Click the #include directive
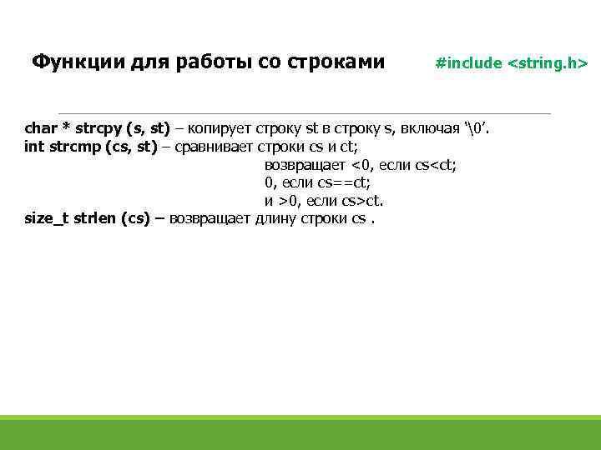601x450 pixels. pyautogui.click(x=469, y=63)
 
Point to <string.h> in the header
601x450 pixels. pyautogui.click(x=548, y=63)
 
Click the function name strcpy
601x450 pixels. pyautogui.click(x=98, y=128)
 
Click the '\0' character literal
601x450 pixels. pyautogui.click(x=476, y=128)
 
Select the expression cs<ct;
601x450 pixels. pyautogui.click(x=435, y=165)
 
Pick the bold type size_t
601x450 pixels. pyautogui.click(x=47, y=219)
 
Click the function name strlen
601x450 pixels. pyautogui.click(x=95, y=219)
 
